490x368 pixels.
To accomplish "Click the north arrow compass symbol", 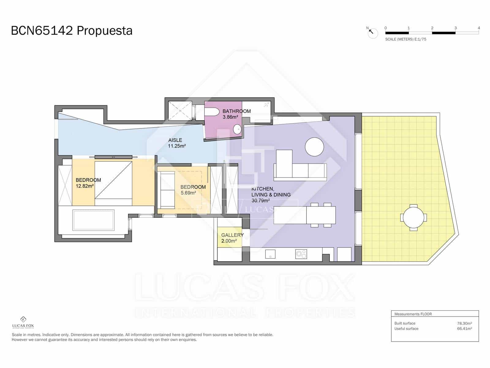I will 373,33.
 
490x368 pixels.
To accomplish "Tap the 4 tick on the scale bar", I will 479,28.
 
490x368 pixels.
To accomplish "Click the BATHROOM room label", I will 236,111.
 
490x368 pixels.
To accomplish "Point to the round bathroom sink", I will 237,129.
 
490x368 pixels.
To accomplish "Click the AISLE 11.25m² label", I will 177,143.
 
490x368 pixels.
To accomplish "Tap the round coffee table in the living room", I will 314,147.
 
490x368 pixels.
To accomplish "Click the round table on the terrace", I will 413,217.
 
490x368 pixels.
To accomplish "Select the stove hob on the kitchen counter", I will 301,254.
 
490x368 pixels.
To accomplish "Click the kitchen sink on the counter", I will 270,254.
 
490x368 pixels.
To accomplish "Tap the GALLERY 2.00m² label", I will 232,238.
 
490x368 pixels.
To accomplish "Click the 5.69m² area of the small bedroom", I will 188,193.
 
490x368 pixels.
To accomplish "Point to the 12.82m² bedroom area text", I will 85,186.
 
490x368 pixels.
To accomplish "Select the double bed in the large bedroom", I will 113,183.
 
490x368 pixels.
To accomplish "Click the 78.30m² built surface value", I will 464,323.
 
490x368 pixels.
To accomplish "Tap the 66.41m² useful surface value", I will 464,328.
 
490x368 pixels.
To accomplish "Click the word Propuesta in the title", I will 104,31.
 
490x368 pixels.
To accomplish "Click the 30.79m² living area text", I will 260,201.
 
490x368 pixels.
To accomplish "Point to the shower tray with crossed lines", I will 180,111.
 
